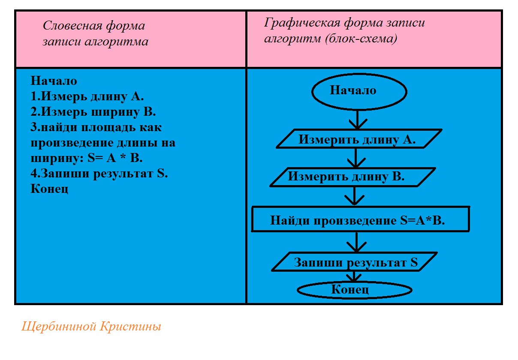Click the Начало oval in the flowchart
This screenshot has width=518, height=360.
point(359,91)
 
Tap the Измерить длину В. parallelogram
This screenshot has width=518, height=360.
point(352,177)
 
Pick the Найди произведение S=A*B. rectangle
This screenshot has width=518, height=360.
point(360,220)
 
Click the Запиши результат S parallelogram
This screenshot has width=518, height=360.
point(355,262)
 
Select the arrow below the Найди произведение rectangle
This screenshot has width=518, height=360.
point(355,242)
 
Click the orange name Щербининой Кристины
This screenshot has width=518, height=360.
point(91,327)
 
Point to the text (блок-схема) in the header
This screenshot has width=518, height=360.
point(361,39)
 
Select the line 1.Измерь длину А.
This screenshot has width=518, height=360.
point(87,96)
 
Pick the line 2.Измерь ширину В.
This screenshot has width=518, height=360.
point(93,112)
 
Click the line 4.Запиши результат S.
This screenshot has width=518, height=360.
point(99,174)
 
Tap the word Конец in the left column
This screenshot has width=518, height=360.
point(49,189)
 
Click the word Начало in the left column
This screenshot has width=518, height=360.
point(54,81)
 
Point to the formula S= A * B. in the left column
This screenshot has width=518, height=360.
point(114,158)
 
